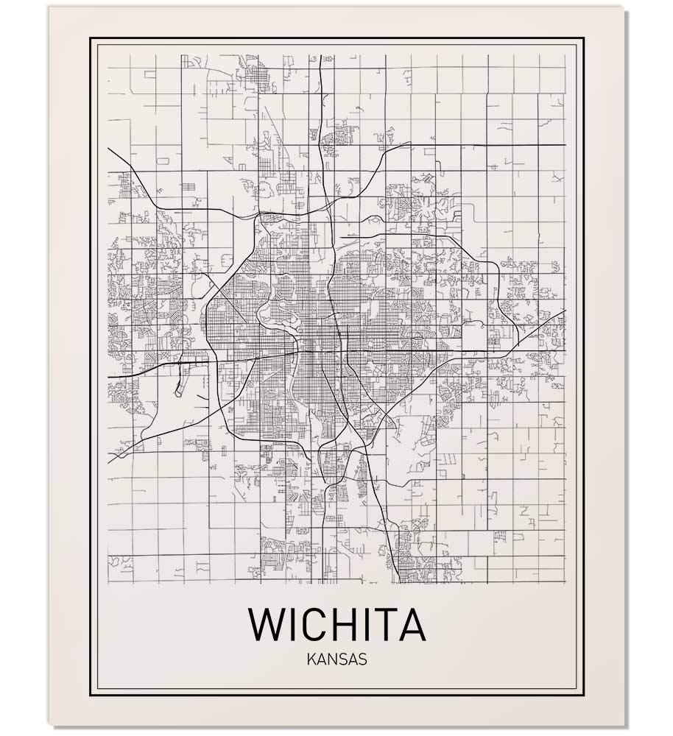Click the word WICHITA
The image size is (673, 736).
coord(336,624)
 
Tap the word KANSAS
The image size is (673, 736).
coord(336,659)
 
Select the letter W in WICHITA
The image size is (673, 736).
coord(268,624)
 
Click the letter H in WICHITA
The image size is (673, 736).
coord(345,624)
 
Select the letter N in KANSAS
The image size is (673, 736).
coord(331,659)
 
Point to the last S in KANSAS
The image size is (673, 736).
coord(362,659)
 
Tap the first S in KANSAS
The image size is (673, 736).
coord(342,659)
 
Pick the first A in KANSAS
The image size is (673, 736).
coord(320,659)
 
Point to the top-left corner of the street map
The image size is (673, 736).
coord(108,53)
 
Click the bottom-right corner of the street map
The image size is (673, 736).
coord(565,583)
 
